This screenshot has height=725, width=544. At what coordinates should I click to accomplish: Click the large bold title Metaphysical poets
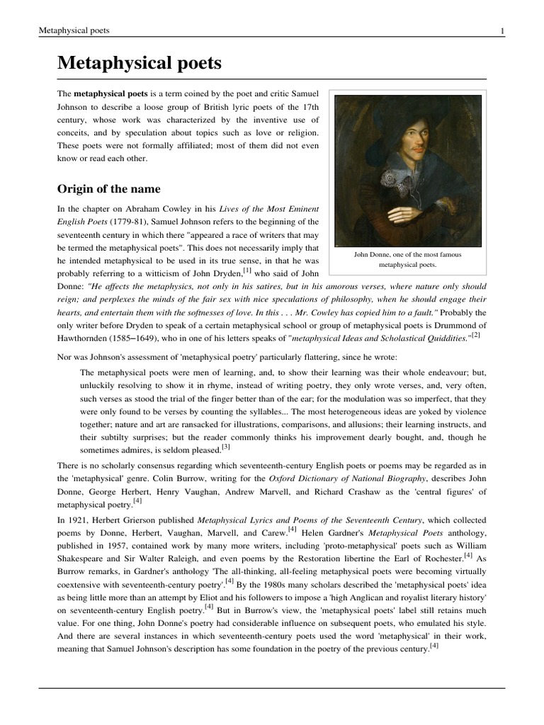tap(140, 64)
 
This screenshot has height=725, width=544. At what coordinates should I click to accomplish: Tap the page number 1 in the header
tap(502, 30)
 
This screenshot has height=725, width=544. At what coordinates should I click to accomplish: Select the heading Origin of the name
tap(108, 189)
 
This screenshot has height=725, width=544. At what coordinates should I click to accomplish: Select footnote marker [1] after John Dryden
tap(247, 270)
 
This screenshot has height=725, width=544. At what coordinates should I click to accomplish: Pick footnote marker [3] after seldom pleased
tap(225, 447)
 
